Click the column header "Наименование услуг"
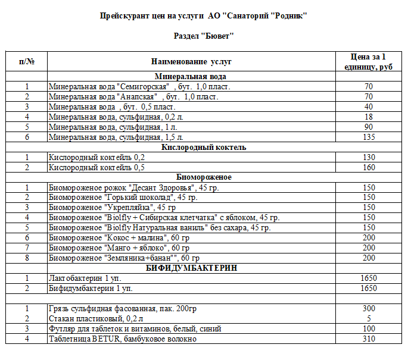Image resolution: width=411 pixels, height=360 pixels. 191,61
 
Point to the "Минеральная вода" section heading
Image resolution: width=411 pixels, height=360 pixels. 191,76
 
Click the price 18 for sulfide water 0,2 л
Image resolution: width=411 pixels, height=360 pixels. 369,117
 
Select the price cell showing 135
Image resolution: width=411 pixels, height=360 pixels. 369,137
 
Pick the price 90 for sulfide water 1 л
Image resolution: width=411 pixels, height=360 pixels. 369,127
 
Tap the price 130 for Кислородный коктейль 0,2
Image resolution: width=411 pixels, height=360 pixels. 369,157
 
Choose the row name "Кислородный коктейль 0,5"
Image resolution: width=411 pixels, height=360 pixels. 96,167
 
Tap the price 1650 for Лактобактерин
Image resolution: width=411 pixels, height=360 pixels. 369,278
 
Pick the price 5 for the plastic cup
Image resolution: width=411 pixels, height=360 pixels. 369,319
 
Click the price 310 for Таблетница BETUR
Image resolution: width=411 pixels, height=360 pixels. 369,339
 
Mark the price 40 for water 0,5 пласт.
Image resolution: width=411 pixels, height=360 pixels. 369,107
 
